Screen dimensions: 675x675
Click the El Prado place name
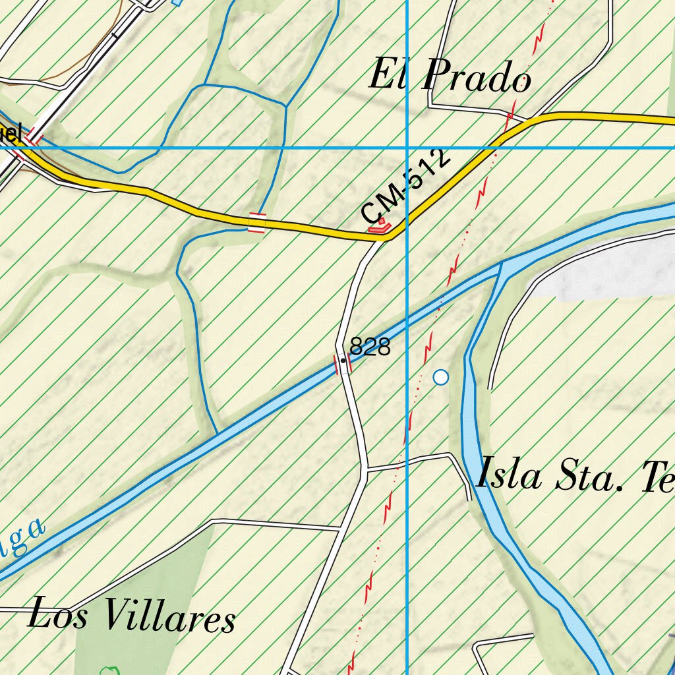[x=450, y=76]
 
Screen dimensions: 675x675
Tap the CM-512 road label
[x=407, y=187]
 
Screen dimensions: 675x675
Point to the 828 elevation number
[x=370, y=347]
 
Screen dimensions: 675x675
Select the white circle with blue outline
[x=441, y=377]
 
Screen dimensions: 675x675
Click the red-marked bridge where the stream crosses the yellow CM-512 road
[x=256, y=223]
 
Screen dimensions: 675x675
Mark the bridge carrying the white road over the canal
[x=343, y=364]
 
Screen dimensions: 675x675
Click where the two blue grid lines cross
[x=407, y=148]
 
